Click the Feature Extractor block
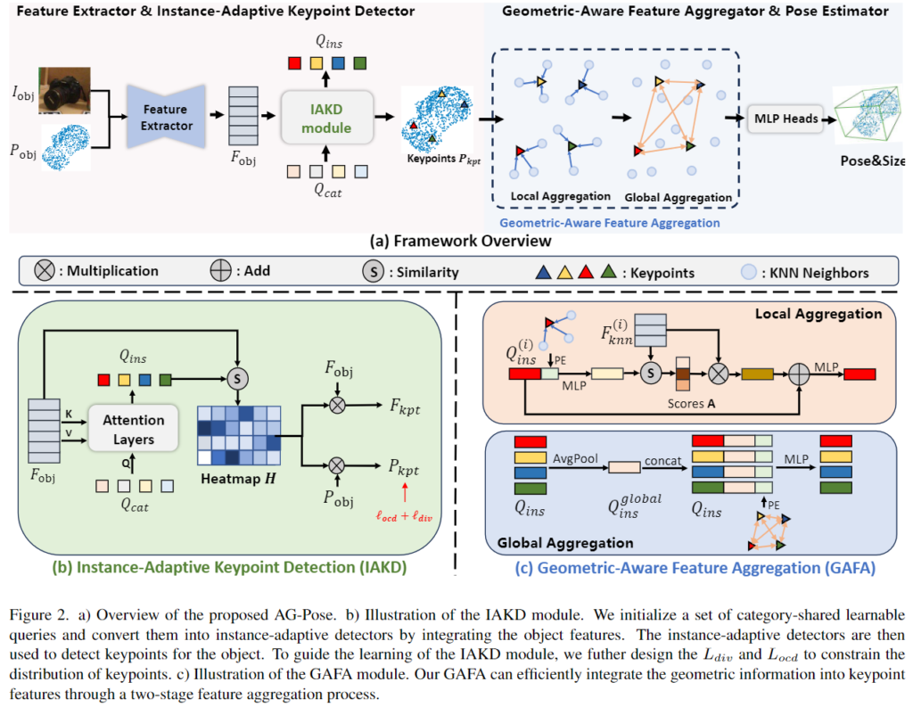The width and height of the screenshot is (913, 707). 166,118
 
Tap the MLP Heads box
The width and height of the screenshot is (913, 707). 786,119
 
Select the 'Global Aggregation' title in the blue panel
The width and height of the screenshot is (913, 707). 552,542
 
